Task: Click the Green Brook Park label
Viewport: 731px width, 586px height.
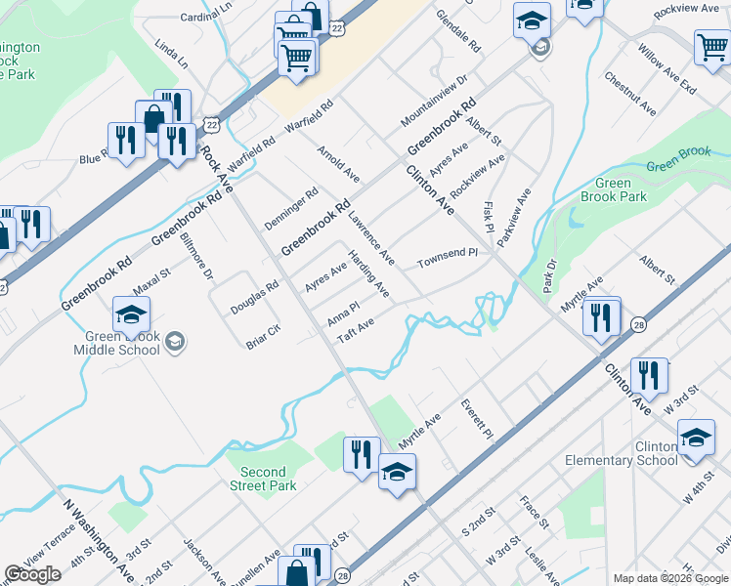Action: click(x=621, y=189)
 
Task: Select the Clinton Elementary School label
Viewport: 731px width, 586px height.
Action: click(x=622, y=454)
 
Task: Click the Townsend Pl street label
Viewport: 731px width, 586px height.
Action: click(x=447, y=259)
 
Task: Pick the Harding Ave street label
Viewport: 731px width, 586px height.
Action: click(x=369, y=275)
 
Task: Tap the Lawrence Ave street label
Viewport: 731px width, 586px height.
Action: click(x=371, y=239)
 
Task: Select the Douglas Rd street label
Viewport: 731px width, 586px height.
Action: click(x=254, y=297)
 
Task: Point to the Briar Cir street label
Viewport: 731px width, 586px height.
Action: click(x=264, y=334)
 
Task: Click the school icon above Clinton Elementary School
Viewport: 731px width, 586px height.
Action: click(x=695, y=439)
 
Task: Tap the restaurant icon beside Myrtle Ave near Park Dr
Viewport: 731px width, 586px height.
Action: click(x=602, y=316)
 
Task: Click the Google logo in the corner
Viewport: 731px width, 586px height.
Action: click(x=32, y=574)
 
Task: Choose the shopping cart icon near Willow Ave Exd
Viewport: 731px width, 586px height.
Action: click(x=712, y=48)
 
